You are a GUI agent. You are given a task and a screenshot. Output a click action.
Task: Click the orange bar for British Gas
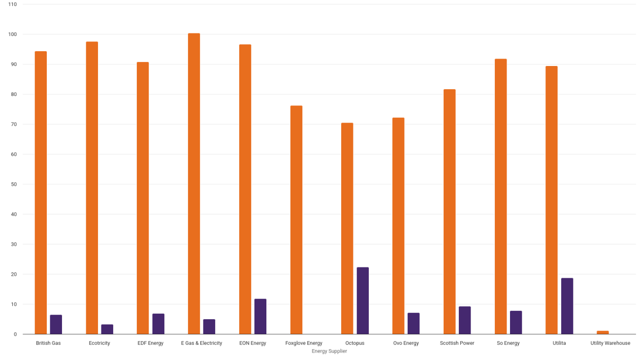tap(41, 193)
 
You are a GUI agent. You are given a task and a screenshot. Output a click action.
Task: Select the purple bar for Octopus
tap(362, 300)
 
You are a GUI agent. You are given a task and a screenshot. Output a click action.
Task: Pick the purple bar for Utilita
tap(567, 306)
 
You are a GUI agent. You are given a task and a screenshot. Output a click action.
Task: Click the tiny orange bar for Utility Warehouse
tap(603, 332)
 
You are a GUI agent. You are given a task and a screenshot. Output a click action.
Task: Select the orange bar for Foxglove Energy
tap(296, 220)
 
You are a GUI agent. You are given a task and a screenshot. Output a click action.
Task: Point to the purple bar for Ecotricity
tap(107, 329)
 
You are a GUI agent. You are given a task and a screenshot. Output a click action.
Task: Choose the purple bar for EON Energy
tap(260, 316)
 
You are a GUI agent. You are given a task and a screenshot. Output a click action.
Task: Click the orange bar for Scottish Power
tap(449, 212)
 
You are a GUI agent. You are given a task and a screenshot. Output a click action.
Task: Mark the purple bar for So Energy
tap(516, 322)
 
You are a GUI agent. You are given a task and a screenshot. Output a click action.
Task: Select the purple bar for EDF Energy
tap(159, 324)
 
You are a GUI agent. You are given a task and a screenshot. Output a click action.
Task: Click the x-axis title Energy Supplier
tap(329, 351)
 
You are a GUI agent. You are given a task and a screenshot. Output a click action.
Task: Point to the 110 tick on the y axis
tap(12, 4)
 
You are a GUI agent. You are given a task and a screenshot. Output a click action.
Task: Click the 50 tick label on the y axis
tap(13, 184)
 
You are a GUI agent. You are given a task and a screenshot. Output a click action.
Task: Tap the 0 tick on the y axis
tap(15, 334)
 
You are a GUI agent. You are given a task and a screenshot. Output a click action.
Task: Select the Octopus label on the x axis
tap(355, 343)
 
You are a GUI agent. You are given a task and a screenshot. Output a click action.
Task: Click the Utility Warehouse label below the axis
tap(610, 343)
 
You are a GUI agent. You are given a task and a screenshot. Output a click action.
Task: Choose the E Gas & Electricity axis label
tap(201, 343)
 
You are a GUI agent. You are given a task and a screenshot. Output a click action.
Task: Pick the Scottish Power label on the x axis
tap(457, 343)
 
